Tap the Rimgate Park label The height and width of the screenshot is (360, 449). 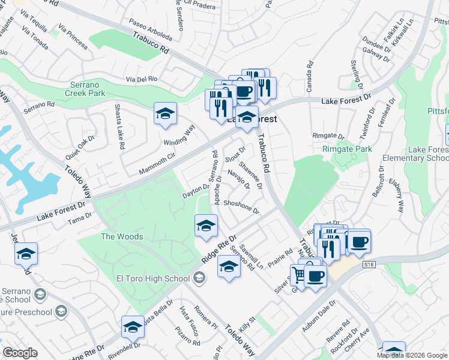pos(347,149)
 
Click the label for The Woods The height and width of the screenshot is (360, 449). pos(122,236)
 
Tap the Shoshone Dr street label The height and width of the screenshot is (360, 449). pos(241,208)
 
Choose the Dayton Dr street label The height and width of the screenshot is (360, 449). pos(196,191)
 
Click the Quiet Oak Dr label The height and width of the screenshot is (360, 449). pos(80,147)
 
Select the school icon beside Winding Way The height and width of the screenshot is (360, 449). pos(165,113)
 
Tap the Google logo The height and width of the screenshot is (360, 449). pos(20,352)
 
